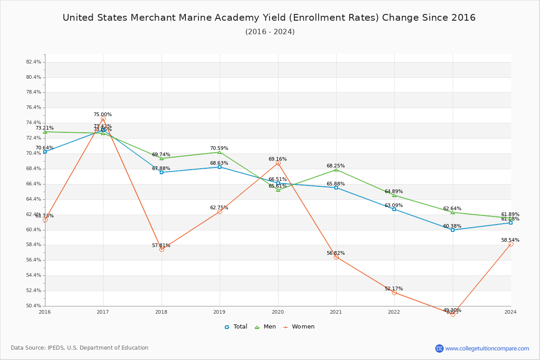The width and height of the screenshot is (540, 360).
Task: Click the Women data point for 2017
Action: tap(103, 119)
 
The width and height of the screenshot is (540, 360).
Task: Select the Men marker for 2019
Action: tap(220, 152)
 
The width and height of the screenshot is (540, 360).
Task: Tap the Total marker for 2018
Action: tap(162, 172)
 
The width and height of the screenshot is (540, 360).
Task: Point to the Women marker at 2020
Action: tap(278, 163)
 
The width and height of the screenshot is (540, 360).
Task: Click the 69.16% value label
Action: tap(278, 159)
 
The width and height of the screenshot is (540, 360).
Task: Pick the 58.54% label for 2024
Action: tap(510, 240)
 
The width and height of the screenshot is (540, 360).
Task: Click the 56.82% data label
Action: tap(336, 253)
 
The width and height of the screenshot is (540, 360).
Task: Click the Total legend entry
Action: tap(236, 327)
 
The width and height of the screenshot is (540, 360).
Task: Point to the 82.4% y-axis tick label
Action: tap(34, 62)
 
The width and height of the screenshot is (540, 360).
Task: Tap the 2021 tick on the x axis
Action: tap(336, 311)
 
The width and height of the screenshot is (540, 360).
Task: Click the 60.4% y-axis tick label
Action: tap(34, 229)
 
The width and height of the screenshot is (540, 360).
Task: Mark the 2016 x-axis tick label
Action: tap(45, 311)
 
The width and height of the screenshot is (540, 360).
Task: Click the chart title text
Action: tap(269, 18)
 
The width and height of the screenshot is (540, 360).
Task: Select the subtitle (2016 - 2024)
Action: tap(270, 31)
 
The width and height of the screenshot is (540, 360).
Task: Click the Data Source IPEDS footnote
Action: tap(80, 348)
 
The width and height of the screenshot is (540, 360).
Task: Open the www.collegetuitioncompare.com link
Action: tap(487, 348)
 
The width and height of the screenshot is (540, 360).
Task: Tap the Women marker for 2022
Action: tap(394, 292)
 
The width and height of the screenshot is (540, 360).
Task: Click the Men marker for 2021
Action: tap(336, 170)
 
